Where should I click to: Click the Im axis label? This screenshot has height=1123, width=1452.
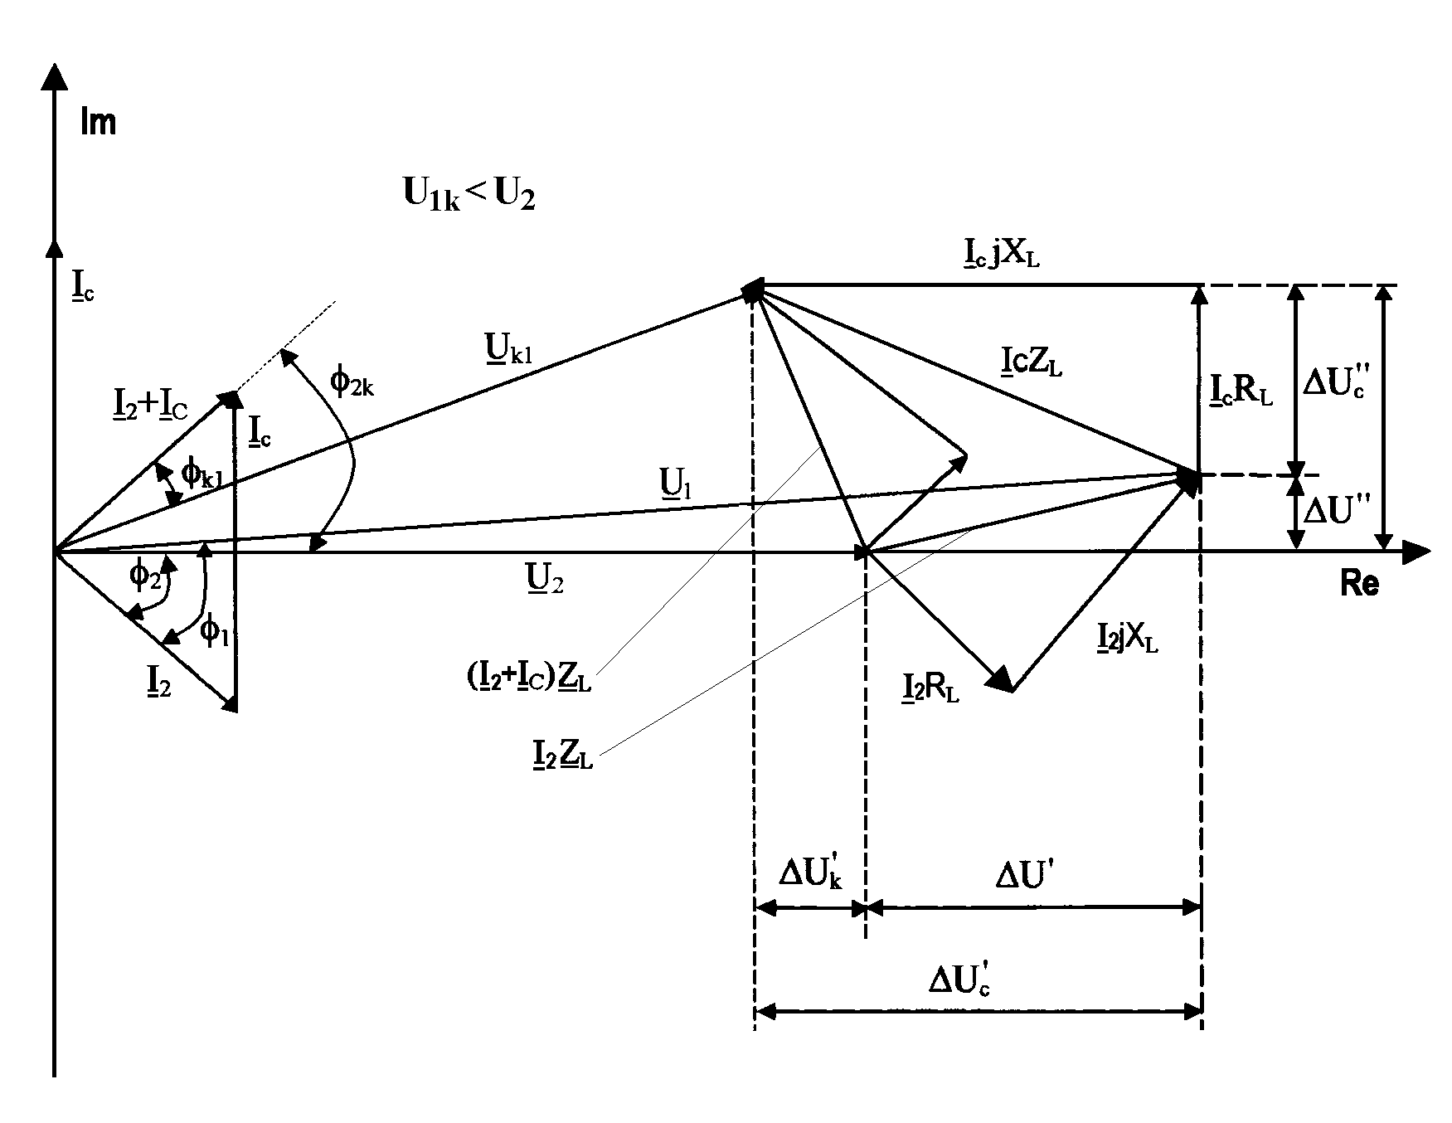98,123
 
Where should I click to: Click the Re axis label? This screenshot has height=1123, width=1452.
1360,585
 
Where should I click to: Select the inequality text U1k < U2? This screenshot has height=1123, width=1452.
469,196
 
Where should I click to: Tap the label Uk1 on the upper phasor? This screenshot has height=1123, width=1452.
507,355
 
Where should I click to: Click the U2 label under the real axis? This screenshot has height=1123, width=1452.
545,580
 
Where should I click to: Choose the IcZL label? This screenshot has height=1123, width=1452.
1031,362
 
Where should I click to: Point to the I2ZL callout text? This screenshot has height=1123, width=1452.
561,754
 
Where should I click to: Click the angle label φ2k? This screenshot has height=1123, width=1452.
352,383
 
